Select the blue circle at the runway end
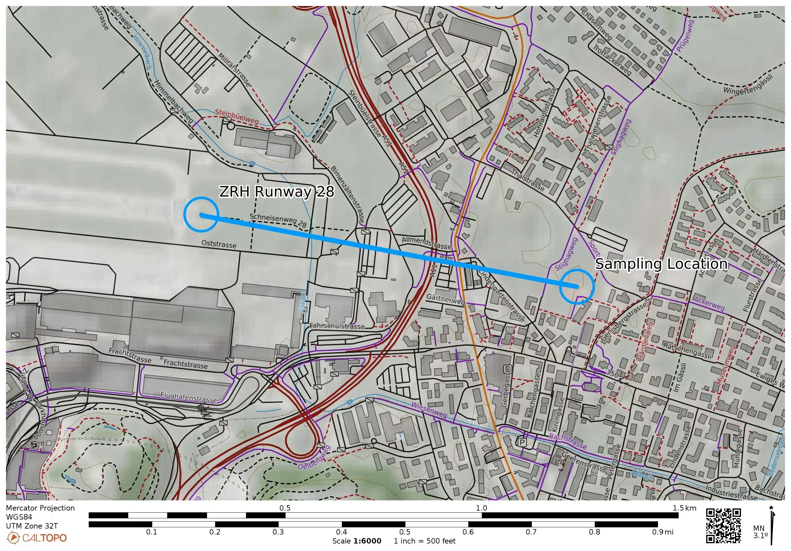pos(201,214)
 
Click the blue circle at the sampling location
pos(577,287)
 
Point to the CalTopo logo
pos(37,538)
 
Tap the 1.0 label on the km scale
pos(481,508)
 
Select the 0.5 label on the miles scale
pos(405,532)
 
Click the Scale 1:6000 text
pos(357,541)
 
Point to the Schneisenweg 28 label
pos(278,221)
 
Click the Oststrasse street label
pos(219,244)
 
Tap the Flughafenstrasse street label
pos(188,397)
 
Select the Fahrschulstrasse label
pos(337,326)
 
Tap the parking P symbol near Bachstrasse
pos(522,442)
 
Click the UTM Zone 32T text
pos(32,526)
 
